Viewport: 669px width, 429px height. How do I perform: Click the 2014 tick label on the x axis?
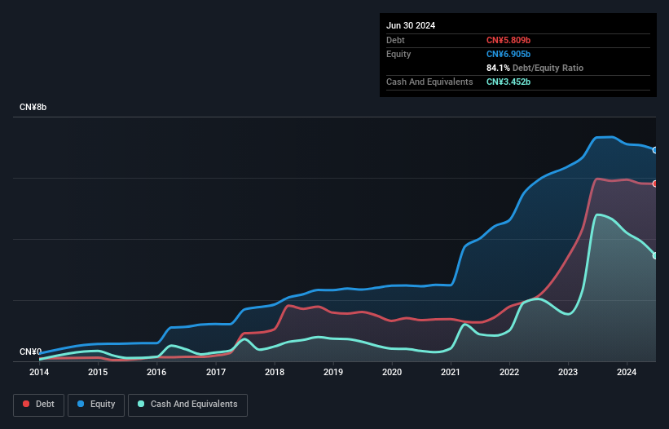(39, 373)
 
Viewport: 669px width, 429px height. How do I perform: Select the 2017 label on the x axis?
(216, 373)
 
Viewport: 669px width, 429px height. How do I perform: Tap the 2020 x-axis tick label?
(392, 373)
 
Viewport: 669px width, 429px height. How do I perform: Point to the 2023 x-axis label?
(568, 373)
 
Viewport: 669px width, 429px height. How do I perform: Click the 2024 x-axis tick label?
(627, 373)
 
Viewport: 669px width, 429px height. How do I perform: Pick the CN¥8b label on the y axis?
(33, 108)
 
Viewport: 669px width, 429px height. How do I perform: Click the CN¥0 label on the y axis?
(30, 352)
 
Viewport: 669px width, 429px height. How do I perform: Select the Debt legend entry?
(38, 405)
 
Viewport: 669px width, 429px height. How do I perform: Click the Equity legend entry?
(96, 405)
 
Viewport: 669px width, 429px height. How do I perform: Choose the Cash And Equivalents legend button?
(187, 405)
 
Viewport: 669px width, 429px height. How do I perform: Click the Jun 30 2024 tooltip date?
(411, 25)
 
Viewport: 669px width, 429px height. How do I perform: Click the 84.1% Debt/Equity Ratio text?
(535, 68)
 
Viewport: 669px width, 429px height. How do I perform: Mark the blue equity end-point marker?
(655, 150)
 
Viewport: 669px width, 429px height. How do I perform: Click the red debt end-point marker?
(655, 184)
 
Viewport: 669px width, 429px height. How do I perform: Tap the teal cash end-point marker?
(655, 255)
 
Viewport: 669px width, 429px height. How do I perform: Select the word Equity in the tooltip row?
(398, 54)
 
